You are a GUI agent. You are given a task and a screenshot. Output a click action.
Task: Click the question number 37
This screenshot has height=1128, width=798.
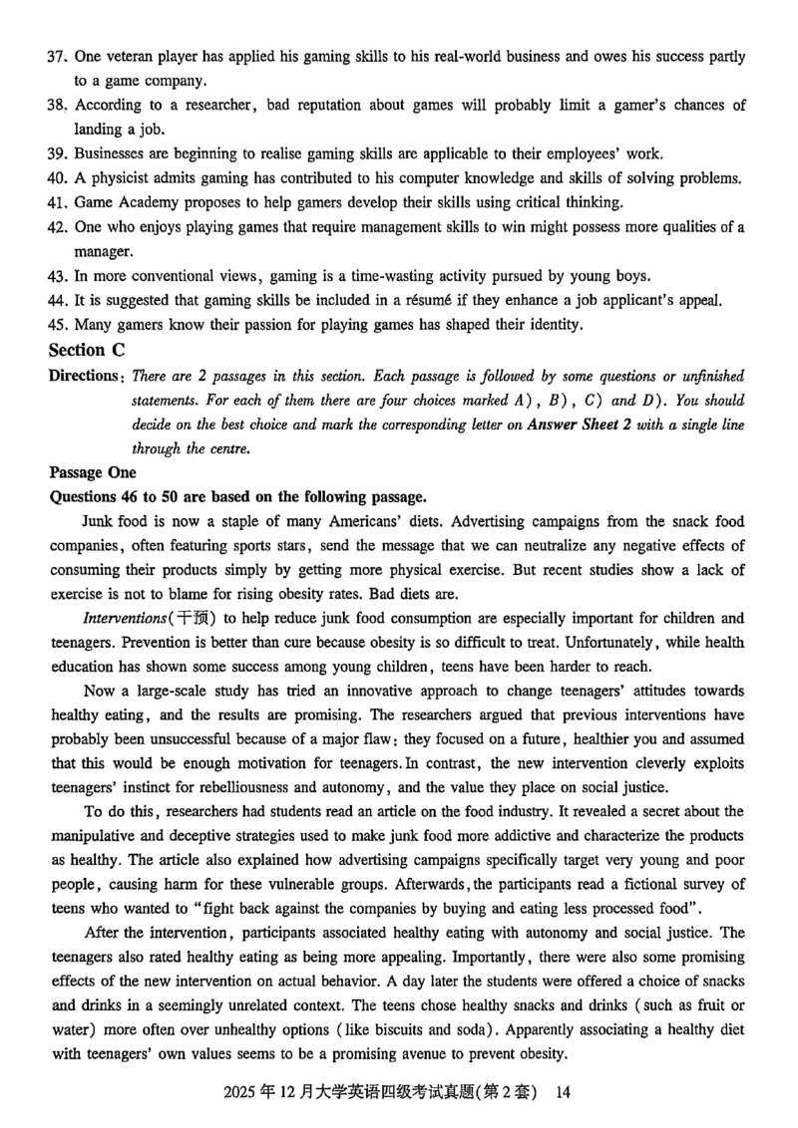[x=57, y=58]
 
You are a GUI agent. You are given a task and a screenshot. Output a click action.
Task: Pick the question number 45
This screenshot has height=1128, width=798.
[x=57, y=323]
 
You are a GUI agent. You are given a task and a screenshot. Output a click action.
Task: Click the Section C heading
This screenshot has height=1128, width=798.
[x=90, y=350]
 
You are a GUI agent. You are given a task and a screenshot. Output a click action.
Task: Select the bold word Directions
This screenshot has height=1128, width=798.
[x=85, y=376]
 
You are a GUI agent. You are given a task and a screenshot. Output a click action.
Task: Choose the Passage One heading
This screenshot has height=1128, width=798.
[x=93, y=472]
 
